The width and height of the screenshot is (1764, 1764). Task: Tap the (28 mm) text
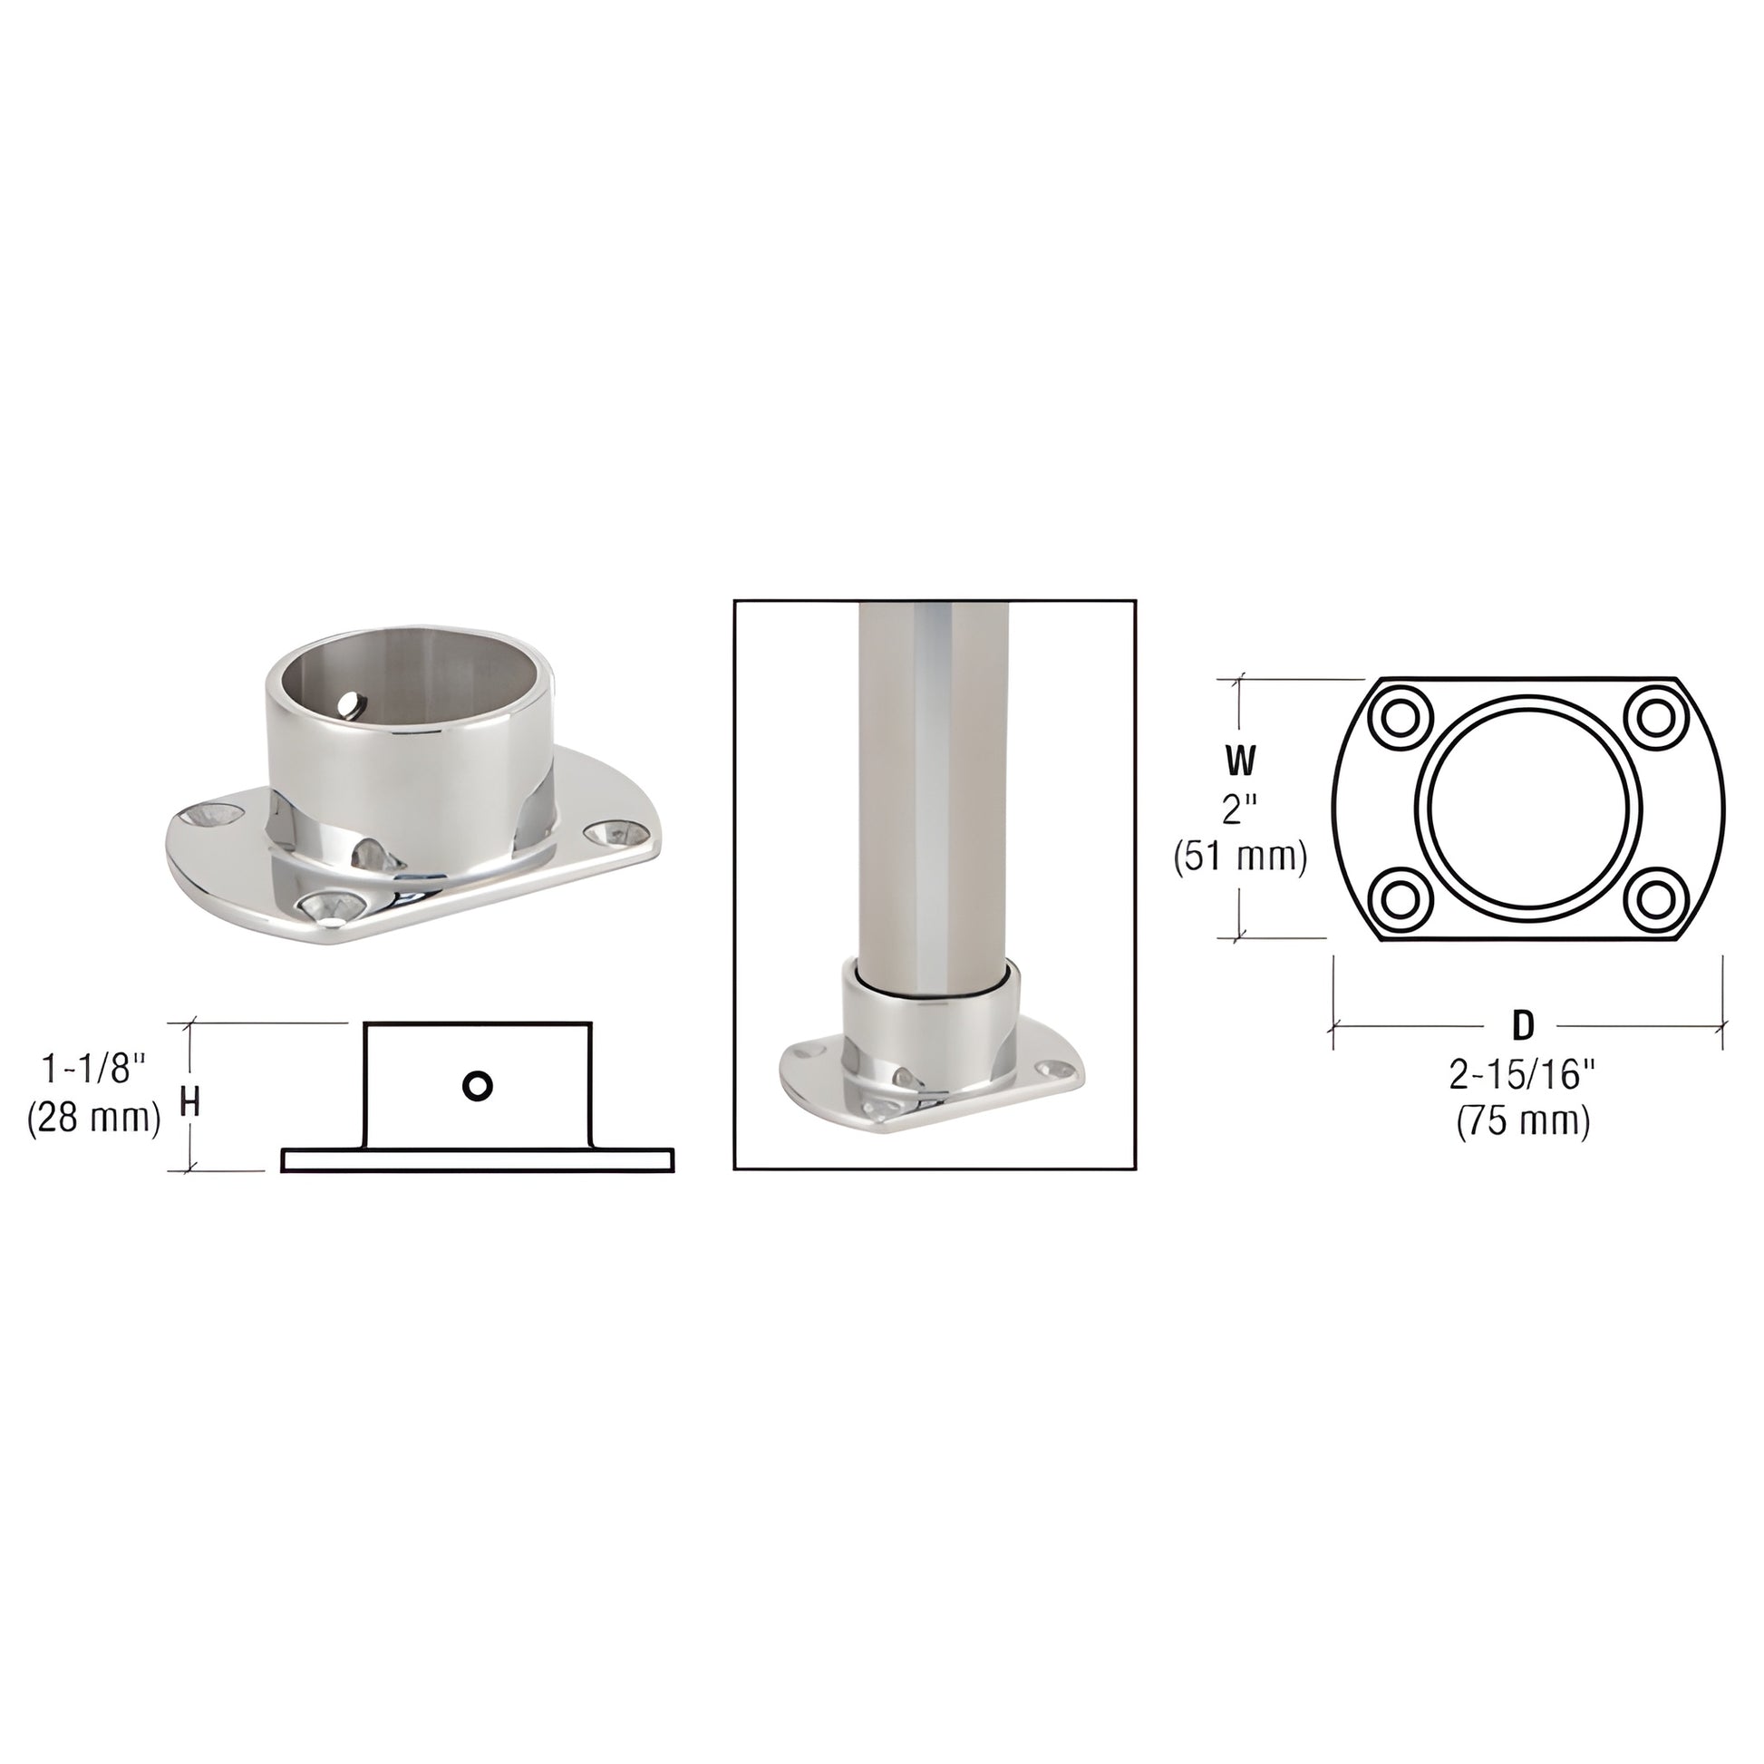(x=95, y=1119)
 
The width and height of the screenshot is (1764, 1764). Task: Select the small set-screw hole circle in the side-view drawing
(x=478, y=1086)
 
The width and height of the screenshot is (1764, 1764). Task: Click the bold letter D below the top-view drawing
(x=1522, y=1027)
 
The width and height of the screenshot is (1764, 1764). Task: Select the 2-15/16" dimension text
(x=1522, y=1077)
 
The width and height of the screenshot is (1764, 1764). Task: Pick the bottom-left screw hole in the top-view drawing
(x=1400, y=900)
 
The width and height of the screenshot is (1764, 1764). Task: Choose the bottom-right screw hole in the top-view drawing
(x=1653, y=900)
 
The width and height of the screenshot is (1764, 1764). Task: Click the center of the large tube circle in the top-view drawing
(x=1527, y=809)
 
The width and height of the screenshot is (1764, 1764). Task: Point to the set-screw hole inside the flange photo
(x=351, y=704)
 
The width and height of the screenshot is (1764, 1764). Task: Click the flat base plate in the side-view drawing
(x=478, y=1159)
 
